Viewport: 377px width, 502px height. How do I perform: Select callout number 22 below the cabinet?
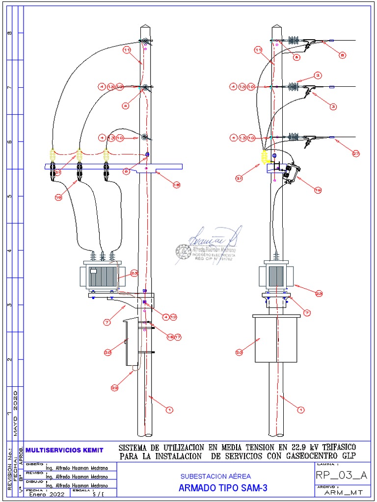(x=114, y=388)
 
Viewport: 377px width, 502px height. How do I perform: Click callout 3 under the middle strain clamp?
(x=333, y=106)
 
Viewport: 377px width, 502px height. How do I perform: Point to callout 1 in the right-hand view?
(x=301, y=409)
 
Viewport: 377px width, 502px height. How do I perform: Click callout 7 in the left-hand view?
(x=106, y=322)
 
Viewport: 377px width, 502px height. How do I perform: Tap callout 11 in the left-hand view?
(x=126, y=50)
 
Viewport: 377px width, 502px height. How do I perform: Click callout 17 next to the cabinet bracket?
(x=178, y=337)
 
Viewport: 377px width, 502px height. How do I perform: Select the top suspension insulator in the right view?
(x=295, y=41)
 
